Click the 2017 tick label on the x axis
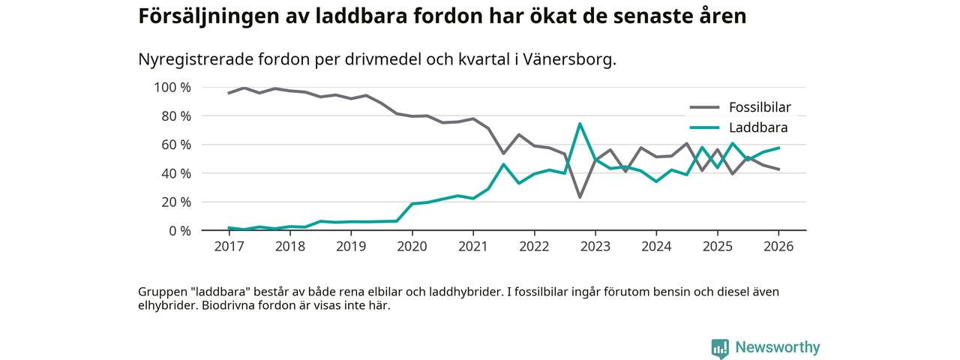click(x=229, y=246)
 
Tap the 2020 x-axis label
click(x=412, y=246)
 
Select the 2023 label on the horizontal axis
click(x=595, y=246)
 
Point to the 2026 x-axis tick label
click(x=778, y=246)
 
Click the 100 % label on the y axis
click(x=172, y=87)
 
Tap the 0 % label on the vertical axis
click(x=179, y=231)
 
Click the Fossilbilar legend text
click(x=760, y=107)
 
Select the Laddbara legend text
click(x=757, y=128)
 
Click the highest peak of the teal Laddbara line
click(x=580, y=124)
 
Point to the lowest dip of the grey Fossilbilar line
click(x=580, y=197)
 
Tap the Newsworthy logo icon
click(x=720, y=348)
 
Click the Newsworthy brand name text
click(x=778, y=347)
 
